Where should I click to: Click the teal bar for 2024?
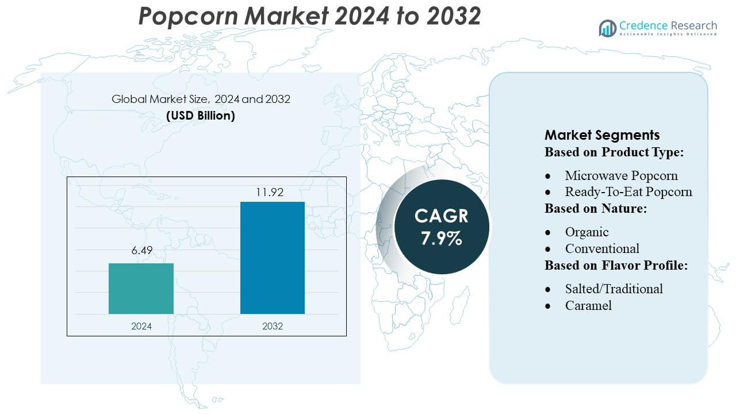tap(141, 289)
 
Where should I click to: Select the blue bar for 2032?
tap(272, 258)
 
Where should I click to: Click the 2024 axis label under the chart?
tap(141, 326)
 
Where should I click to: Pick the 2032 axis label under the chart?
tap(272, 326)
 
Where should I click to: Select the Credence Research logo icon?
tap(608, 28)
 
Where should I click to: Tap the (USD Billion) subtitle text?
tap(201, 115)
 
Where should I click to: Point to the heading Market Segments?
tap(602, 135)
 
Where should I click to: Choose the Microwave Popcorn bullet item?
tap(621, 175)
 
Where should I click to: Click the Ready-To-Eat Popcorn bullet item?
tap(628, 191)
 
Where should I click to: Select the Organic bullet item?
tap(586, 232)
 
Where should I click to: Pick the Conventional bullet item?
tap(602, 248)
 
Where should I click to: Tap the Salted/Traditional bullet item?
tap(614, 289)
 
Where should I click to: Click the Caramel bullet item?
tap(588, 305)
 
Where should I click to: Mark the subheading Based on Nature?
tap(596, 209)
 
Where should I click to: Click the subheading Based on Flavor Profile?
tap(616, 266)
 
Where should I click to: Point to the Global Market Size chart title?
tap(201, 99)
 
